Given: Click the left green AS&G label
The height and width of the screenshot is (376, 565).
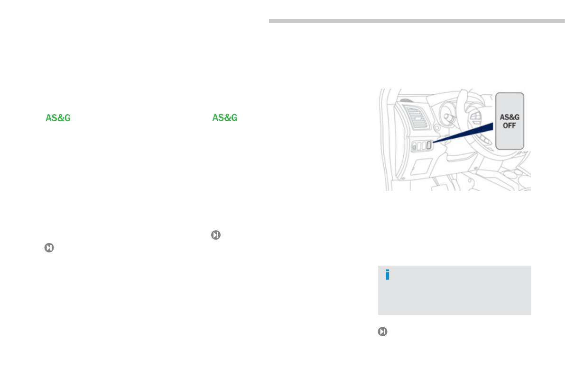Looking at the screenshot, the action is [x=58, y=118].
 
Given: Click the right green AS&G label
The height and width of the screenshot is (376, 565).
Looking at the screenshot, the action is [x=225, y=117].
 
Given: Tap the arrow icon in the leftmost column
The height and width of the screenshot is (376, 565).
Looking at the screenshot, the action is [x=49, y=248].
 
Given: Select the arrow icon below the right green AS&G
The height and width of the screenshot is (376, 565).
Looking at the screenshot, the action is [x=216, y=235].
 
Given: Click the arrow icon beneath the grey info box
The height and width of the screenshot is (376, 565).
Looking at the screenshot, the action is [x=383, y=331].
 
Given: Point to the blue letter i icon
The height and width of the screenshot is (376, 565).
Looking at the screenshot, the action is [x=388, y=275].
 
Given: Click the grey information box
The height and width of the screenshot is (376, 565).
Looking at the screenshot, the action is [x=454, y=290].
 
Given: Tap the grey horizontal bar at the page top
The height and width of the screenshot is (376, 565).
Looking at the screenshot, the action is [x=417, y=21].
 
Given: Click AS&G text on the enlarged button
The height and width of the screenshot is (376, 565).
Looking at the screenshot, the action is [x=509, y=117].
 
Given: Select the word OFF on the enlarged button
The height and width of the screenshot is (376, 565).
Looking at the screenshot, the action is [x=509, y=125].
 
